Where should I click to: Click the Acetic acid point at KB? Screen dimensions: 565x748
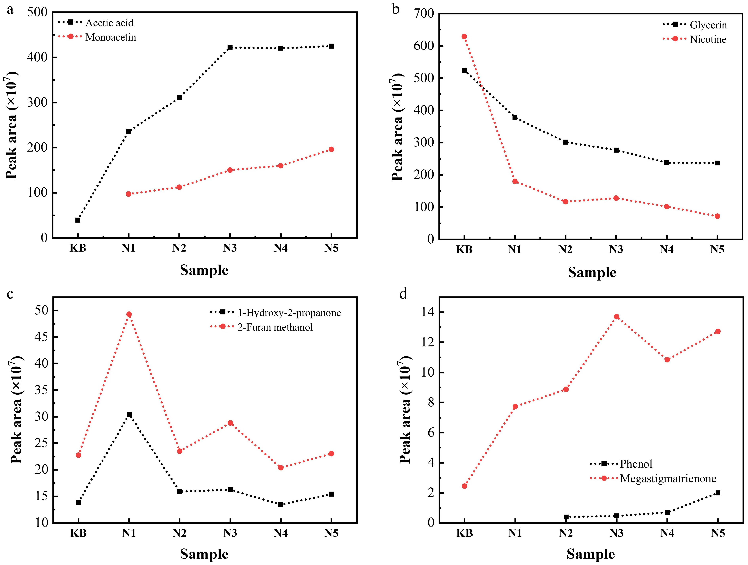pos(78,220)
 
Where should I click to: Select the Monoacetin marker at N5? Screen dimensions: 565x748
pos(331,149)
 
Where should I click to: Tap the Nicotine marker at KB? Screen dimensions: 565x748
pos(464,37)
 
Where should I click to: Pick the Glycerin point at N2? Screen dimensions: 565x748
pos(565,142)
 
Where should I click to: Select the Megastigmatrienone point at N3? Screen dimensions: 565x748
pos(616,317)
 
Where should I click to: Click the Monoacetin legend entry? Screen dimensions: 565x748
pos(111,37)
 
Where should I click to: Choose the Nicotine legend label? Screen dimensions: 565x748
pos(708,39)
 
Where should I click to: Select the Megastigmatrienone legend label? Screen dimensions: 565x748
pos(668,479)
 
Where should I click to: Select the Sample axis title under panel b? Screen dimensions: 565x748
pos(592,272)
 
